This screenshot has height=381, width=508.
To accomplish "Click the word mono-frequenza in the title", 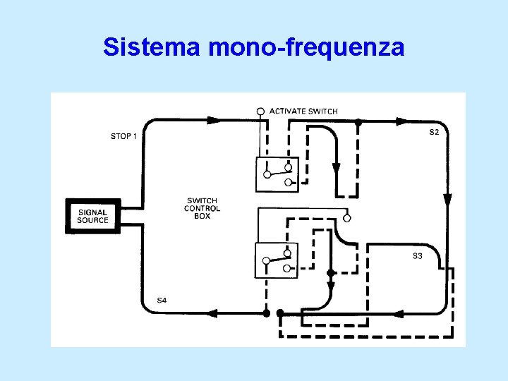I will coord(307,48).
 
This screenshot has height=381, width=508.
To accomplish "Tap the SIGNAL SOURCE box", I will coord(93,216).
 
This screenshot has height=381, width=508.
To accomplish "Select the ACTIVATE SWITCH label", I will coord(303,111).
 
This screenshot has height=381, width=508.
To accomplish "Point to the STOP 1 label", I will coord(124,136).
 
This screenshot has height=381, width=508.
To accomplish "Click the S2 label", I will coord(435,133).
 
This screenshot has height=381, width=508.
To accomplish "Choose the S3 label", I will coord(418,256).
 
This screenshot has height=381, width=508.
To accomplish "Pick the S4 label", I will coord(162,301).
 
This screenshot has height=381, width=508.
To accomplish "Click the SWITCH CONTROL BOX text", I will coord(202,208).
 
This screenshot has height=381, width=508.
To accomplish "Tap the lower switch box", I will coord(275,260).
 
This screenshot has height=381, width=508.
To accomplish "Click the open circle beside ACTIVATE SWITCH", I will coord(260,111).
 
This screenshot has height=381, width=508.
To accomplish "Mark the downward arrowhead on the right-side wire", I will coord(447,200).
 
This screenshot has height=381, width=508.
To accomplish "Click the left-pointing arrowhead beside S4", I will coord(212,312).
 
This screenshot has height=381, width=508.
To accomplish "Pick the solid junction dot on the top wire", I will coord(358,123).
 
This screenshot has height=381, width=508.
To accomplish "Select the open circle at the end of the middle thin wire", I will coord(346,218).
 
